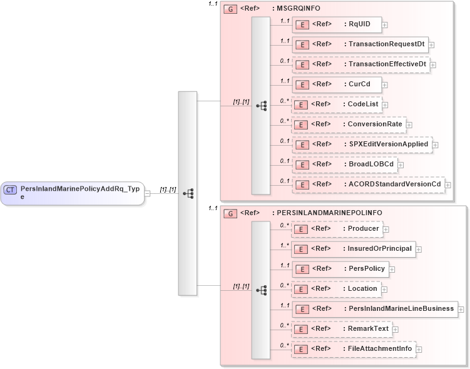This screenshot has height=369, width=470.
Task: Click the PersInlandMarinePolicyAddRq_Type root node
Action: [72, 193]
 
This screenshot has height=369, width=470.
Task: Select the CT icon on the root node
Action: [11, 189]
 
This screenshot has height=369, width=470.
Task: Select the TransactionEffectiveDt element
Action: [361, 64]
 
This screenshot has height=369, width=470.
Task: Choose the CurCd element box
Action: [337, 84]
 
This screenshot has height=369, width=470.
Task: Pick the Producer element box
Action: [337, 229]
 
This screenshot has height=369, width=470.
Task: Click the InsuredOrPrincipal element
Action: [353, 249]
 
